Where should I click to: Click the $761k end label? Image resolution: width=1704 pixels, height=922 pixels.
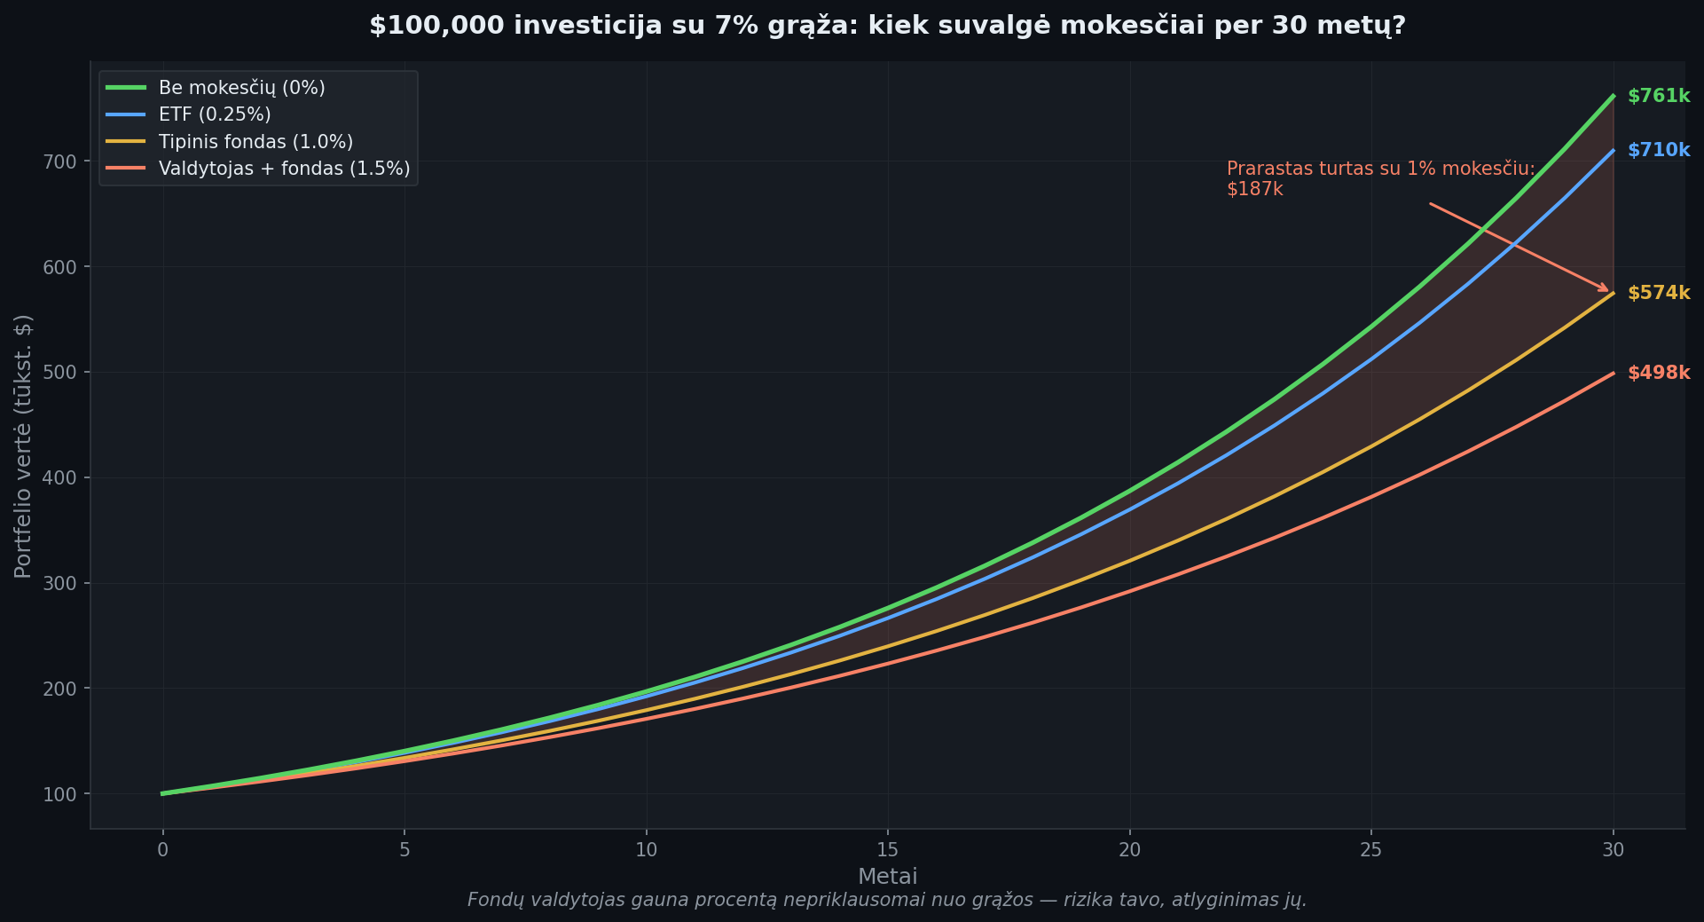[1658, 96]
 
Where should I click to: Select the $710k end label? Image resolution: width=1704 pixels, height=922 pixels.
[1658, 150]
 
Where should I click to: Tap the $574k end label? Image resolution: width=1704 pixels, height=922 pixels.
[1658, 293]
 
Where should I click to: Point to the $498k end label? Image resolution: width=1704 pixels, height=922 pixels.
[1658, 373]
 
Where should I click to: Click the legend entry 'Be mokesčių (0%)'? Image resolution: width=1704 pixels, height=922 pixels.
[241, 88]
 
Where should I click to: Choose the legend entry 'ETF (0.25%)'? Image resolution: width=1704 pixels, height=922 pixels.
[215, 114]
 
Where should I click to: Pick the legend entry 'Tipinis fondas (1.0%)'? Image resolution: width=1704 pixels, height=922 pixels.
[255, 142]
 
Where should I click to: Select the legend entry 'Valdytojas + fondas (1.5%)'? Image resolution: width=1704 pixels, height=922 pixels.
[284, 169]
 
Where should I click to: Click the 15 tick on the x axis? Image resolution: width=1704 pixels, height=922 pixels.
[888, 850]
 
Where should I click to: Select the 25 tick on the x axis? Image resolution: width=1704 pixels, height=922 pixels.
[1371, 850]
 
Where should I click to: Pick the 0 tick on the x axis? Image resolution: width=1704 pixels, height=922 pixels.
[162, 850]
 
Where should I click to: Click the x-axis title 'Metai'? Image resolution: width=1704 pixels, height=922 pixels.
[887, 877]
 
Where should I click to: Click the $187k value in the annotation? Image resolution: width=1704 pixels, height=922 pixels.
[1254, 189]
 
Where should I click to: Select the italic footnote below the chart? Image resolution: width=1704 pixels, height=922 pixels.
[887, 901]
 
